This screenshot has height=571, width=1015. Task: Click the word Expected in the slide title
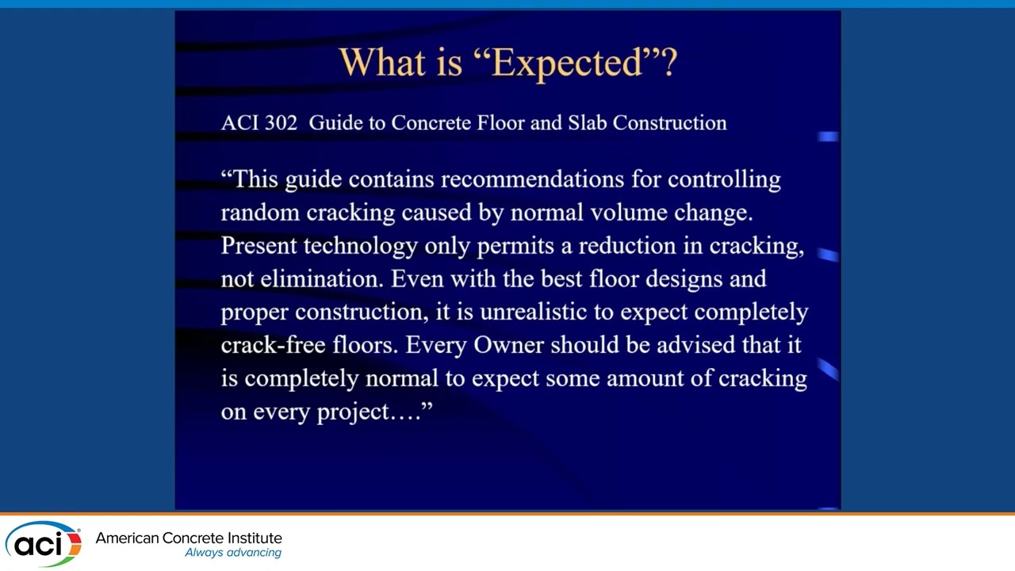pos(567,62)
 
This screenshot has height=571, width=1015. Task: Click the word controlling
pos(724,179)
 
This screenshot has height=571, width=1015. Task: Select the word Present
pos(259,246)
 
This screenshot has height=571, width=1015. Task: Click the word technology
pos(360,247)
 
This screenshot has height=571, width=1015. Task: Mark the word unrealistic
pos(533,312)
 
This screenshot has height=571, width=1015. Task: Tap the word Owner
pos(508,346)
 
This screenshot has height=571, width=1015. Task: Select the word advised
pos(695,346)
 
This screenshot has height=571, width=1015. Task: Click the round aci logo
pos(43,544)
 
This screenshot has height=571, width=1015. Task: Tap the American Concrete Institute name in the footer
pos(189,538)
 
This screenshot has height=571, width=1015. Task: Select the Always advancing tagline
pos(233,553)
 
